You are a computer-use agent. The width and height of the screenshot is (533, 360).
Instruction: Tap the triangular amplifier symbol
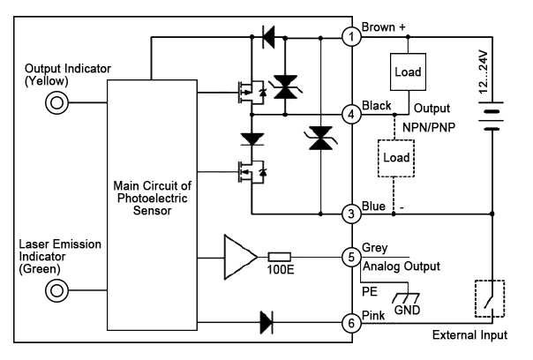pos(238,257)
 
